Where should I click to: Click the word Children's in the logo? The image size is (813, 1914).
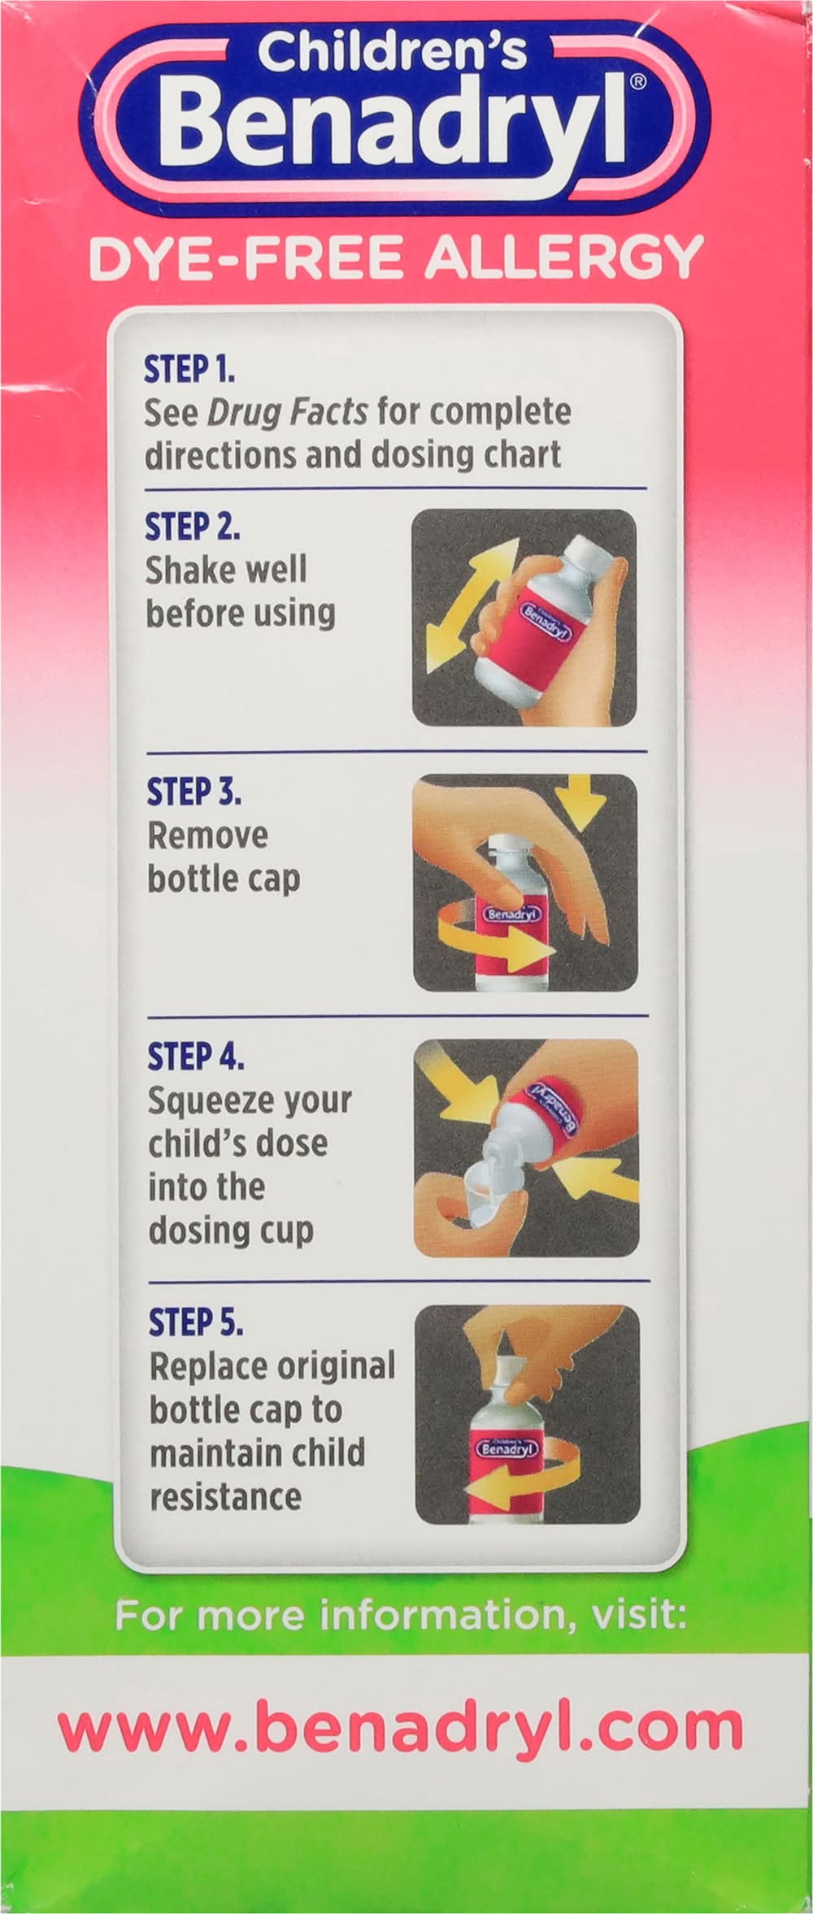[x=393, y=53]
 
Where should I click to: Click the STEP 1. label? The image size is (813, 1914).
[x=189, y=370]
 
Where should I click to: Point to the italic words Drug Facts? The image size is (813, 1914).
[x=287, y=413]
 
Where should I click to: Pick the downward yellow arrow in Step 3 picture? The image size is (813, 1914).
[x=585, y=801]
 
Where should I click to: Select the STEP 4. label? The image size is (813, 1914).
[x=195, y=1057]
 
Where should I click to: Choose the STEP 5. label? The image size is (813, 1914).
[x=196, y=1323]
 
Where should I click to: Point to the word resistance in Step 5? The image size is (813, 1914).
[x=225, y=1496]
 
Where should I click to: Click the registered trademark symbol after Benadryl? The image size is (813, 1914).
[x=638, y=81]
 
